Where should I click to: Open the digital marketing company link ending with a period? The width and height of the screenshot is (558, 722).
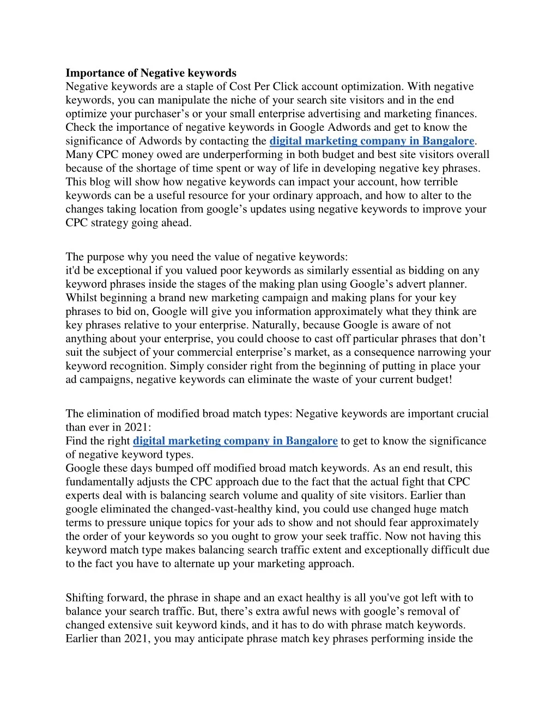[372, 141]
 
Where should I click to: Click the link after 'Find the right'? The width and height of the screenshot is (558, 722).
[235, 441]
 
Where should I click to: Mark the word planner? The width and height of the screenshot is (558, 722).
[447, 284]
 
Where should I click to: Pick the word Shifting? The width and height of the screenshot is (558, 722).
[84, 598]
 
